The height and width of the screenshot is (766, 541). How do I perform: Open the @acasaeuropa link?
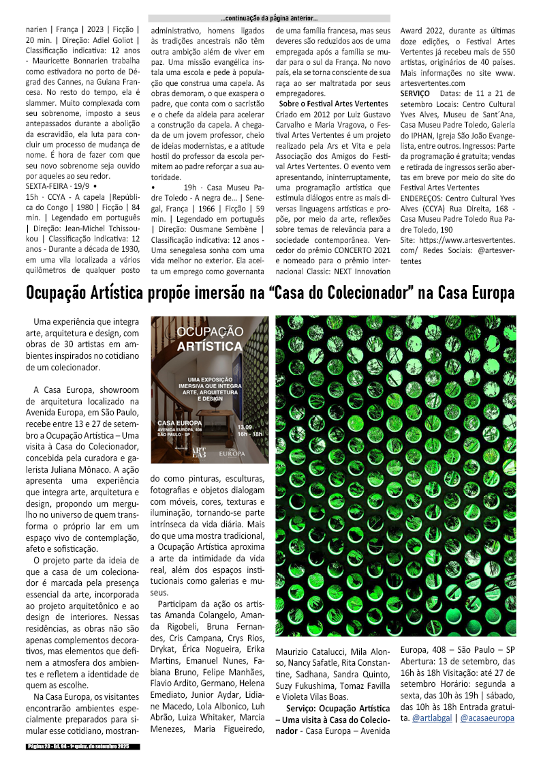[487, 718]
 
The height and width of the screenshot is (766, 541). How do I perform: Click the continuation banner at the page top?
[270, 18]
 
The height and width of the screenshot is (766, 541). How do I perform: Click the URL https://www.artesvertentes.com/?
[467, 241]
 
